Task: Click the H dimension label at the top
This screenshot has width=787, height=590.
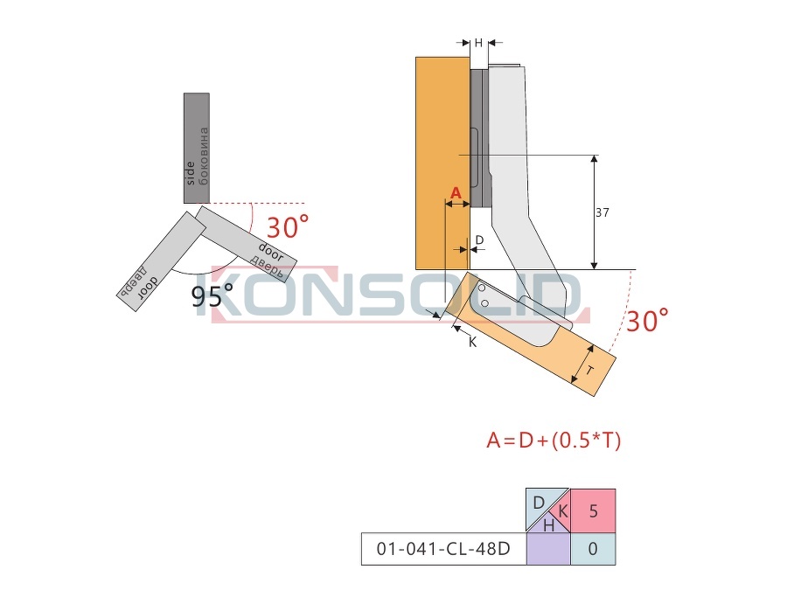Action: (478, 43)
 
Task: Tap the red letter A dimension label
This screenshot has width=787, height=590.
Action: (456, 192)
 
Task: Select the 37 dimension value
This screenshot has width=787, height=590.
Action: (602, 212)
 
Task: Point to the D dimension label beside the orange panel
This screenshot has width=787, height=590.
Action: (479, 240)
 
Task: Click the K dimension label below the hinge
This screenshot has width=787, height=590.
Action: (472, 342)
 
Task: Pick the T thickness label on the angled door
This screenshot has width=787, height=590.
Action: (590, 371)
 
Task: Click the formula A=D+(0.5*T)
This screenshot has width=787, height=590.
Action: (554, 441)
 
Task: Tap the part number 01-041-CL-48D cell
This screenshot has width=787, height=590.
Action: (443, 548)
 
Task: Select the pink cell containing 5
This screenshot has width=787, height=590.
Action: (593, 510)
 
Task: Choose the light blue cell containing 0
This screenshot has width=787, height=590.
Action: (593, 549)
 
